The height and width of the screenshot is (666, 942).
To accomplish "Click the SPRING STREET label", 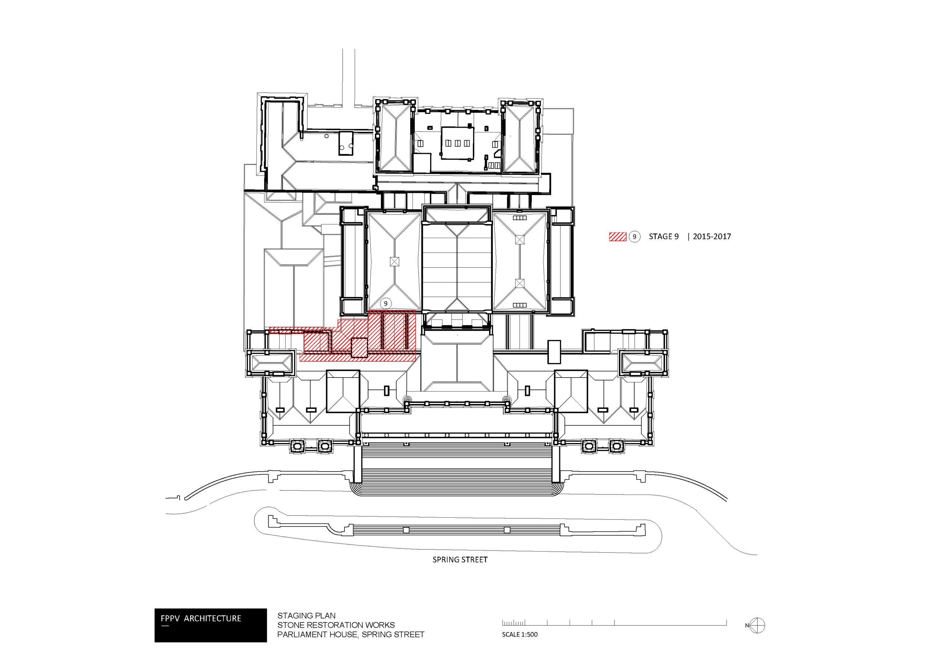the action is pyautogui.click(x=460, y=560).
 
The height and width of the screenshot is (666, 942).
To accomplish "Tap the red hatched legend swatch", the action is pyautogui.click(x=617, y=237).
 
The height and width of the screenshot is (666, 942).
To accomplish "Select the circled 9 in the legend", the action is pyautogui.click(x=634, y=237).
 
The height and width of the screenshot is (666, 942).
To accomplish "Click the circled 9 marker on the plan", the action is pyautogui.click(x=386, y=304).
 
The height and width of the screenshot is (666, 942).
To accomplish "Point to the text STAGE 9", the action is pyautogui.click(x=663, y=237).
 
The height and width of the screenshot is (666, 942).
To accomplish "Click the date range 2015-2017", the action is pyautogui.click(x=712, y=237).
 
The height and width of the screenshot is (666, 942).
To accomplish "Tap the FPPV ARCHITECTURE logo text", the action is pyautogui.click(x=201, y=619).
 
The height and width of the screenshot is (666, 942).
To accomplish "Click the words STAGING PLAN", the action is pyautogui.click(x=306, y=616).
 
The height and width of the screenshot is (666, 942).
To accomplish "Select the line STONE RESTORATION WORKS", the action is pyautogui.click(x=336, y=625).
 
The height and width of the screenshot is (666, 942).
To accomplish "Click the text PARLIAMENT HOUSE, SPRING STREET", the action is pyautogui.click(x=351, y=634).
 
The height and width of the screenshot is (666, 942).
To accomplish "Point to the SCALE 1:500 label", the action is pyautogui.click(x=520, y=634).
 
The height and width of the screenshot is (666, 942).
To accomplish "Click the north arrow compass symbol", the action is pyautogui.click(x=757, y=626).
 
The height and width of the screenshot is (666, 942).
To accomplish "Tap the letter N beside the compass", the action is pyautogui.click(x=747, y=626).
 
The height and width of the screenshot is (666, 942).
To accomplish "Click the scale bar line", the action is pyautogui.click(x=614, y=625).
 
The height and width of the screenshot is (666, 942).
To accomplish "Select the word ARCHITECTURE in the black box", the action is pyautogui.click(x=213, y=619).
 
